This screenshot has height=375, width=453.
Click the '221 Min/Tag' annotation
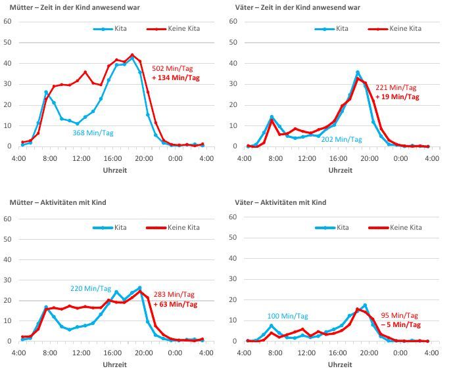(x=396, y=87)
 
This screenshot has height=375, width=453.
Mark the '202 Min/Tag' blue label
(x=341, y=139)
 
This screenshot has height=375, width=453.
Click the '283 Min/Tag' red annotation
(x=175, y=295)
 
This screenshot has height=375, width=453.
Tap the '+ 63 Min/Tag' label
(x=175, y=304)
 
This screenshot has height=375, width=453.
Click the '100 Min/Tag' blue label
(x=288, y=316)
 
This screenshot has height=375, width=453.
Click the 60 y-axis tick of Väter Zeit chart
(x=231, y=22)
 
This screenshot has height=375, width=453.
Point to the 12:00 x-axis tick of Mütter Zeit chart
(x=81, y=158)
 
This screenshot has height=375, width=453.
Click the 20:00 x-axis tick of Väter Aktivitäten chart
(x=369, y=353)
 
